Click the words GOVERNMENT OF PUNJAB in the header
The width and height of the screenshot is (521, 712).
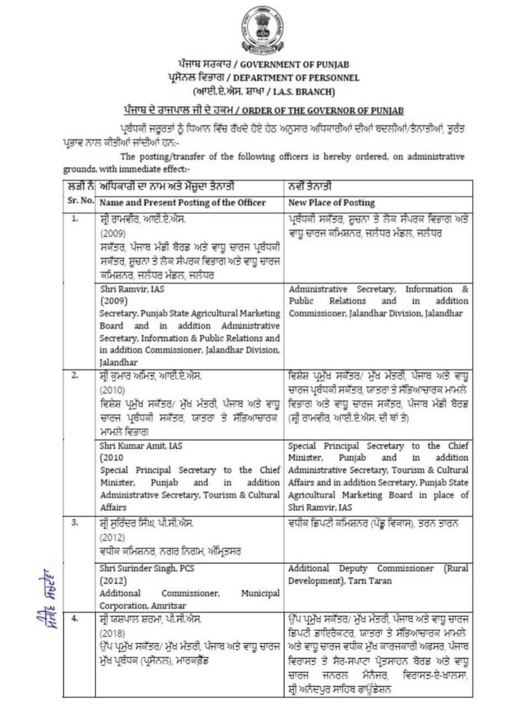(295, 64)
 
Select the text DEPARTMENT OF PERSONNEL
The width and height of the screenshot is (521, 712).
(296, 77)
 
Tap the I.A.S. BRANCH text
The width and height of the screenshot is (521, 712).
(303, 91)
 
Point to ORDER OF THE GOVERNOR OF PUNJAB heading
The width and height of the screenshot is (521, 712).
(323, 110)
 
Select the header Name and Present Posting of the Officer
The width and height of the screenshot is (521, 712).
(183, 202)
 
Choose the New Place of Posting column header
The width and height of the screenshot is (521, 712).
(331, 202)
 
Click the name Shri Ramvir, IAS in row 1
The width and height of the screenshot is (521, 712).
(132, 289)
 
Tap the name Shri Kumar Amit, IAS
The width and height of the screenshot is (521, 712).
(141, 445)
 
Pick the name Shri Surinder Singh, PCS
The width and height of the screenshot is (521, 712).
(147, 568)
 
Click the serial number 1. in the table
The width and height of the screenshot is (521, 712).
(75, 218)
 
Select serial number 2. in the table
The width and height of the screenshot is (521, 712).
(75, 375)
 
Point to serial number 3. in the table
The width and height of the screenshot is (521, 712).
(75, 522)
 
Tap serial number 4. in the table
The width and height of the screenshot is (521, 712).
(75, 618)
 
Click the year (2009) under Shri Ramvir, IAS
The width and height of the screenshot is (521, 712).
(114, 301)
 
